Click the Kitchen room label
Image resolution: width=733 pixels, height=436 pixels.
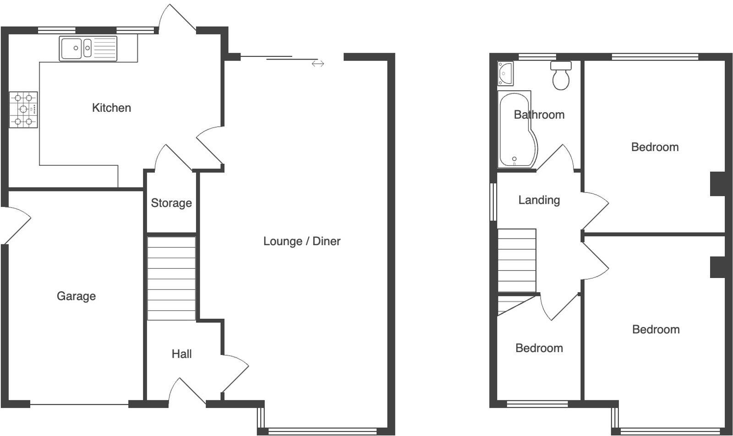tap(112, 108)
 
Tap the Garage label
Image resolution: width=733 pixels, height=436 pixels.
tap(76, 296)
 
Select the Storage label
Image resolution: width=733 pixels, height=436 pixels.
tap(171, 203)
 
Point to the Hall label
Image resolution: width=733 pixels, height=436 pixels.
tap(181, 354)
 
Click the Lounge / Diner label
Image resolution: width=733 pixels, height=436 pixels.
tap(302, 241)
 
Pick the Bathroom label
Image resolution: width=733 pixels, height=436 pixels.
tap(539, 114)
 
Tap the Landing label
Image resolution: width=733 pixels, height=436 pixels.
tap(539, 200)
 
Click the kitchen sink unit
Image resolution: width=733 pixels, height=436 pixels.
tap(88, 49)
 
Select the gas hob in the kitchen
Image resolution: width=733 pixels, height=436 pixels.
tap(23, 109)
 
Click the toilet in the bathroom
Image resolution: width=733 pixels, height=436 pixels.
tap(561, 76)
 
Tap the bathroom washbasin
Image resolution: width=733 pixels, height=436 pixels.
tap(505, 74)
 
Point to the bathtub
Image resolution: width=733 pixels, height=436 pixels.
tap(517, 130)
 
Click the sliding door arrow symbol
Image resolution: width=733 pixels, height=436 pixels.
tap(318, 64)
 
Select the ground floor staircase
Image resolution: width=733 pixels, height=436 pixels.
tap(171, 278)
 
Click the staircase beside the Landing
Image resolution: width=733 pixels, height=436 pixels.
tap(517, 261)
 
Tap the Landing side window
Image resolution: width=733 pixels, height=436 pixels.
tap(493, 202)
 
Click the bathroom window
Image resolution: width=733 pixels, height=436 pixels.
tap(537, 57)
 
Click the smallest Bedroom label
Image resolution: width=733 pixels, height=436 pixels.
tap(539, 348)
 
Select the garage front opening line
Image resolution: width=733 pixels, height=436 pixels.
tap(79, 404)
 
